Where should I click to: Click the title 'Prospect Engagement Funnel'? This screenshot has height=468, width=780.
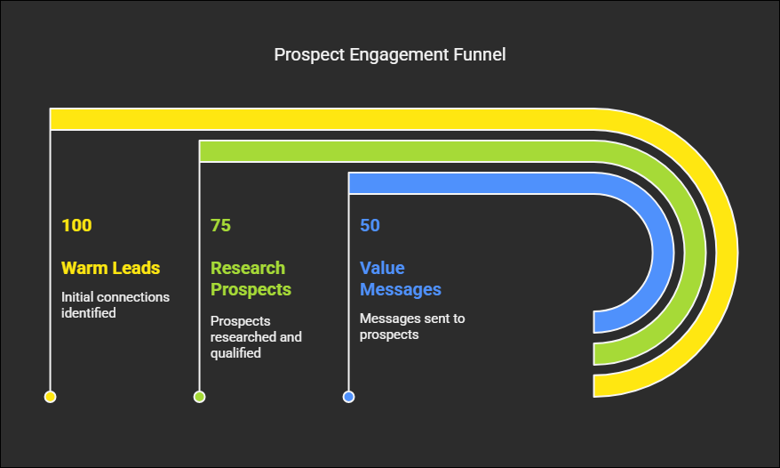(389, 55)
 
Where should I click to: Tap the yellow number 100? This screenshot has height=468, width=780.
(76, 225)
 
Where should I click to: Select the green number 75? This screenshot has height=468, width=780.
(220, 225)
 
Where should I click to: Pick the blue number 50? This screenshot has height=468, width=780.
(370, 225)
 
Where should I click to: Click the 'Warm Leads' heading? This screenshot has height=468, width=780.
(110, 268)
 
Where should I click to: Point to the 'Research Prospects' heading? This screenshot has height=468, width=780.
(251, 278)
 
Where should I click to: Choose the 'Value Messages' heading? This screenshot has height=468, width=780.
(401, 278)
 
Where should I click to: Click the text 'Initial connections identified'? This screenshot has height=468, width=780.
(115, 305)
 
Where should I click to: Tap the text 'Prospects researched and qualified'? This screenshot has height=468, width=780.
(256, 337)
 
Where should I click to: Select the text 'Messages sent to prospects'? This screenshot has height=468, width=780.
(412, 327)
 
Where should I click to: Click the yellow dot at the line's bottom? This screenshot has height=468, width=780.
(51, 397)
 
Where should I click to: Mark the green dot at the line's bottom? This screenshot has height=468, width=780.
(200, 397)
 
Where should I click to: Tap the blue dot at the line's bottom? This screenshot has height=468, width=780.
(349, 397)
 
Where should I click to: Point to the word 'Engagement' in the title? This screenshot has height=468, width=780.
(399, 55)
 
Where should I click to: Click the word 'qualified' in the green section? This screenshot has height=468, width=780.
(235, 353)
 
